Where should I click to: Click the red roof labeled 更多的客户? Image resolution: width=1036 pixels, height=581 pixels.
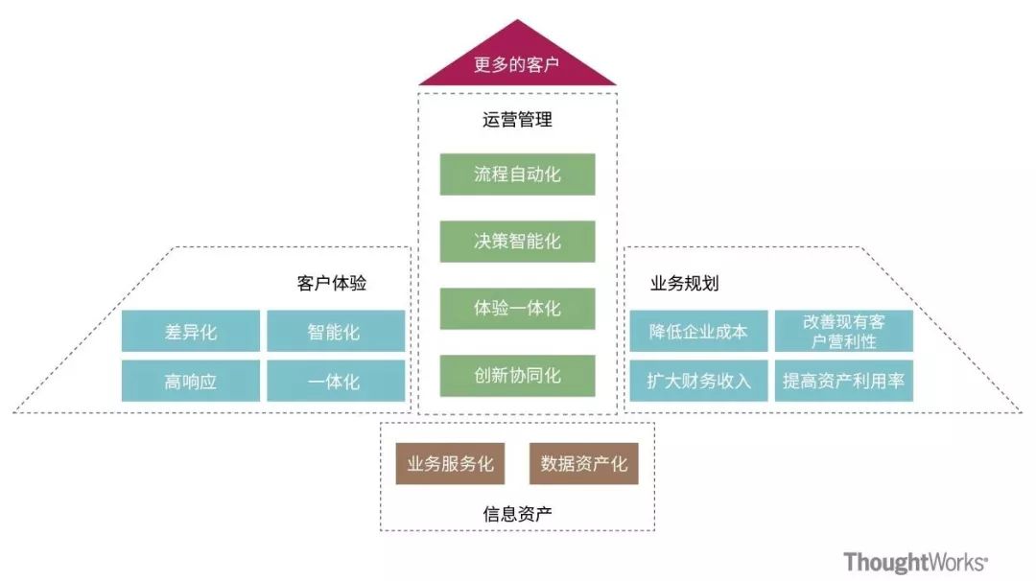tap(517, 64)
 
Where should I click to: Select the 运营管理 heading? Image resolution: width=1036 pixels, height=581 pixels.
tap(517, 121)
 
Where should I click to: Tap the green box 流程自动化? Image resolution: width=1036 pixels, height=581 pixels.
tap(517, 174)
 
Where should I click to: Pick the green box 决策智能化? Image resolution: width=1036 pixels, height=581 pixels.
tap(517, 242)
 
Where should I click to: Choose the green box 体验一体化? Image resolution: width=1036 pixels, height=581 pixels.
tap(517, 309)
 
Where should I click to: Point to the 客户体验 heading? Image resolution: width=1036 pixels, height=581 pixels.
tap(332, 284)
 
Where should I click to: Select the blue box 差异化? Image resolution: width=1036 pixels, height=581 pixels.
tap(191, 332)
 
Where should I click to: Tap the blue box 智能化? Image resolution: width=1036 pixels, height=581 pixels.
tap(335, 332)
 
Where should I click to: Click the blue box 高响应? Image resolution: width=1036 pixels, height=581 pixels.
tap(191, 382)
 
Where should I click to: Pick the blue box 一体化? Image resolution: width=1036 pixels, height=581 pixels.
tap(335, 382)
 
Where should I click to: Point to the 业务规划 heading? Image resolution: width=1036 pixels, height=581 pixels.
tap(685, 284)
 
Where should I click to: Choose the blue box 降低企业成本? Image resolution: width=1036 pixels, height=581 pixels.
tap(698, 332)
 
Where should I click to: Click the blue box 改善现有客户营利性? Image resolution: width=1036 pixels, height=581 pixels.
tap(843, 332)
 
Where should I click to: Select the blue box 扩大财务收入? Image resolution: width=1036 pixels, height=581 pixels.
tap(698, 382)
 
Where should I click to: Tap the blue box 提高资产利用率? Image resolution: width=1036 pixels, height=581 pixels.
tap(843, 382)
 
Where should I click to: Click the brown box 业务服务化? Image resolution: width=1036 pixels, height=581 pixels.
tap(450, 464)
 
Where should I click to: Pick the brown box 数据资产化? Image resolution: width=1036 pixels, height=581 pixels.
tap(583, 464)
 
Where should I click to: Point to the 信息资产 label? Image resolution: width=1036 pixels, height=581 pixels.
tap(517, 513)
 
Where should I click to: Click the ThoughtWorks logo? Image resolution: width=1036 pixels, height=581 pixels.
tap(915, 563)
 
